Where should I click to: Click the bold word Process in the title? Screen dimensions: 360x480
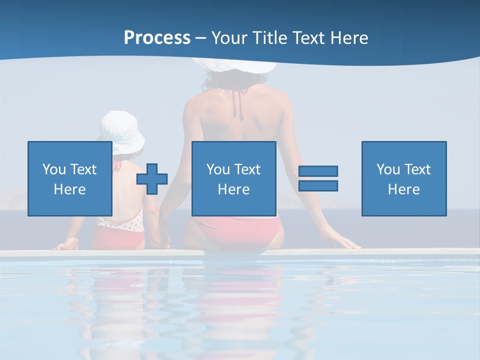157,38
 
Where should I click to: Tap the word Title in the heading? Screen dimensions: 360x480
269,38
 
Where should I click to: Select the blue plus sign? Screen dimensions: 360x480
152,178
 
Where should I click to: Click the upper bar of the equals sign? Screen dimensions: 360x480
318,171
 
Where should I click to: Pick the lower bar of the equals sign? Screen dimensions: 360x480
318,185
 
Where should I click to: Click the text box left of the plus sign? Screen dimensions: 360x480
70,178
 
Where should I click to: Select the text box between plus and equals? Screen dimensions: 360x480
233,178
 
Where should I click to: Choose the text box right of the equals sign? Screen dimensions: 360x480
403,178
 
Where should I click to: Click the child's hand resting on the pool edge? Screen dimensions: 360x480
67,244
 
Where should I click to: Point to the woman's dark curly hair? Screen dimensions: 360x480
235,77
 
